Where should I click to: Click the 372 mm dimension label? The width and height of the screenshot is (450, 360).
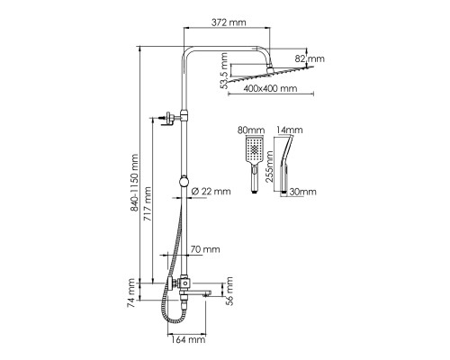[229, 22]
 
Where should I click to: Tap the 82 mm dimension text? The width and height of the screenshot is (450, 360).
[310, 58]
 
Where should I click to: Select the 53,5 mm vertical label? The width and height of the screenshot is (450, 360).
[224, 71]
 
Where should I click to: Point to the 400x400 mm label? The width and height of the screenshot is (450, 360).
[270, 88]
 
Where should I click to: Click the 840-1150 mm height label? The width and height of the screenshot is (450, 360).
[134, 183]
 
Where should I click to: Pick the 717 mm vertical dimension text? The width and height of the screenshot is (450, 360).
[147, 204]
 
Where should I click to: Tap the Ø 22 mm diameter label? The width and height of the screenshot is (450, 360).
[211, 191]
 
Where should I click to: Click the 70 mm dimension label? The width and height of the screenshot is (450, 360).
[205, 249]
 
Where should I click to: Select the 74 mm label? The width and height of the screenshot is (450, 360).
[130, 292]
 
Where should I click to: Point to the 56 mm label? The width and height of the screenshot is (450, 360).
[229, 291]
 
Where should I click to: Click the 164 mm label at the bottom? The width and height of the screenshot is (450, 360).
[188, 339]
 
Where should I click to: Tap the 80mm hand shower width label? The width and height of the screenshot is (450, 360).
[251, 130]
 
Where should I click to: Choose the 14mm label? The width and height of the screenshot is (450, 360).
[289, 130]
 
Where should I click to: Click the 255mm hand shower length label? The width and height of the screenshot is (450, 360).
[269, 166]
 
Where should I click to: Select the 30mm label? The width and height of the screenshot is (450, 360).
[302, 192]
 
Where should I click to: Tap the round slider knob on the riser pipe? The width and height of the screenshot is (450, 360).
[184, 181]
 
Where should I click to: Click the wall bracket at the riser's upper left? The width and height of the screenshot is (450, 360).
[168, 118]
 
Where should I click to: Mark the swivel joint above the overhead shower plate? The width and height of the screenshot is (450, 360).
[270, 70]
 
